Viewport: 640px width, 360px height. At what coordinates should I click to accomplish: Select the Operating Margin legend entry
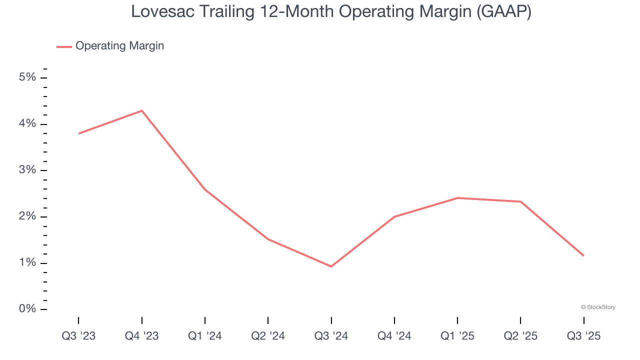click(119, 46)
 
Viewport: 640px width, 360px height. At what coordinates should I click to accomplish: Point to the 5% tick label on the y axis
click(27, 77)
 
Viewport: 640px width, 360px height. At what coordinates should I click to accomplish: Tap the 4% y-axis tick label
click(27, 124)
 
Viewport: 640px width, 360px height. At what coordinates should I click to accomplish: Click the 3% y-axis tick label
click(27, 170)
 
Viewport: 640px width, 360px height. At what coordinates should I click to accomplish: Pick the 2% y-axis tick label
click(27, 217)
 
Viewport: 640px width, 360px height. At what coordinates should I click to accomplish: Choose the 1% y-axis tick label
click(27, 263)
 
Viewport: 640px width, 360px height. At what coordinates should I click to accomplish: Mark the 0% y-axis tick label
click(27, 309)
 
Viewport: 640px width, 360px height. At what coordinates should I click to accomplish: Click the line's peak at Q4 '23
click(142, 110)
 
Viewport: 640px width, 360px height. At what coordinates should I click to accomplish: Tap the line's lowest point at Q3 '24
click(331, 266)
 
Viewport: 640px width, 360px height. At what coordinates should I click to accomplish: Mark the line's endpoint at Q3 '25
click(583, 256)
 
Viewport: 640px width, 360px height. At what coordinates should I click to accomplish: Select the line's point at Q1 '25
click(457, 198)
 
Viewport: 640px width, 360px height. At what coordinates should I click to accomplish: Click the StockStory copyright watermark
click(598, 307)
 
